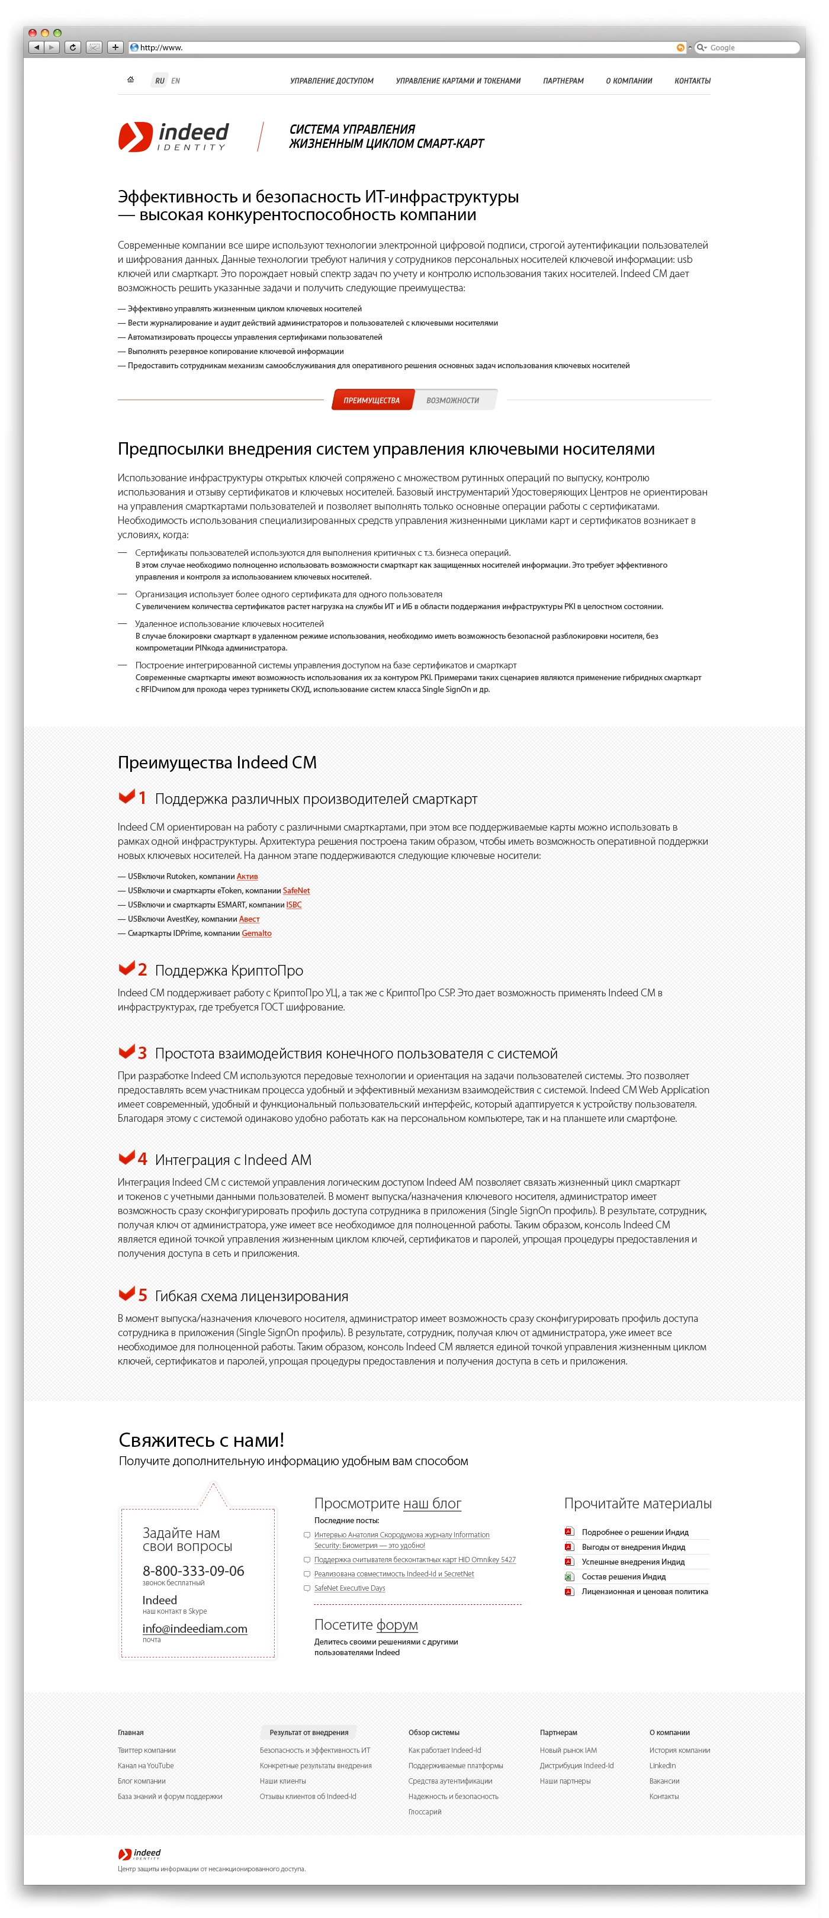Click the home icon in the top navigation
[130, 80]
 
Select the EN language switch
[176, 81]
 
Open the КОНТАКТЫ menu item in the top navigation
[692, 81]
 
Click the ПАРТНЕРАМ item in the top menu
[563, 81]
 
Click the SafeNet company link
[297, 890]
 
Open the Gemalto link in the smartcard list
[257, 933]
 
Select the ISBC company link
[294, 905]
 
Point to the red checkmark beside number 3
[127, 1051]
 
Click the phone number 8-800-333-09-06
[194, 1571]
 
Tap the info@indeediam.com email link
[195, 1629]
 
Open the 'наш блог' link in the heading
[432, 1503]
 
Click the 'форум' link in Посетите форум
[397, 1624]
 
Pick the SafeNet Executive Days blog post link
[350, 1588]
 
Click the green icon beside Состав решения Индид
[569, 1576]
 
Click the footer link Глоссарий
[425, 1811]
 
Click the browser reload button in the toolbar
[72, 47]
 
